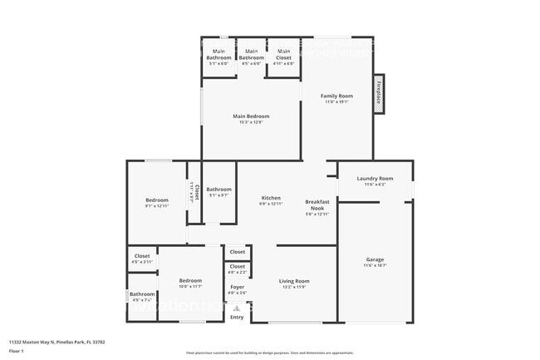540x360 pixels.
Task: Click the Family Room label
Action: click(x=337, y=96)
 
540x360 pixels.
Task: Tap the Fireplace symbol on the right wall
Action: click(x=379, y=92)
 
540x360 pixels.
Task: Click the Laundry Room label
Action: click(x=375, y=179)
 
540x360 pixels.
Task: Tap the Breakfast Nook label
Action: click(x=318, y=204)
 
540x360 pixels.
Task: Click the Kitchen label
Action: click(x=272, y=198)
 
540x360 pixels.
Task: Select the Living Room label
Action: click(x=294, y=281)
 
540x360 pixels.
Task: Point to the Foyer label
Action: click(x=238, y=288)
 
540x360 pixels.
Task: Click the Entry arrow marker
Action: click(x=237, y=309)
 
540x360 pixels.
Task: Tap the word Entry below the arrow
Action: click(x=238, y=318)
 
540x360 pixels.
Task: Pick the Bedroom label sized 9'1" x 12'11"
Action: click(x=157, y=200)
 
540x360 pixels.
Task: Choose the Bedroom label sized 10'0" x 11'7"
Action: click(x=190, y=281)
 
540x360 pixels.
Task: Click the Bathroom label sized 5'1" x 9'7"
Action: click(x=219, y=190)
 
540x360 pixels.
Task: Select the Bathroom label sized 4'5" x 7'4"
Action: click(x=142, y=294)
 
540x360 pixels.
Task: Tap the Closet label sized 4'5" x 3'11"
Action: click(x=142, y=256)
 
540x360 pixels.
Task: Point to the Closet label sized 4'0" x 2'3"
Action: click(x=238, y=267)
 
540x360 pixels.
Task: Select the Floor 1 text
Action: click(x=17, y=351)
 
